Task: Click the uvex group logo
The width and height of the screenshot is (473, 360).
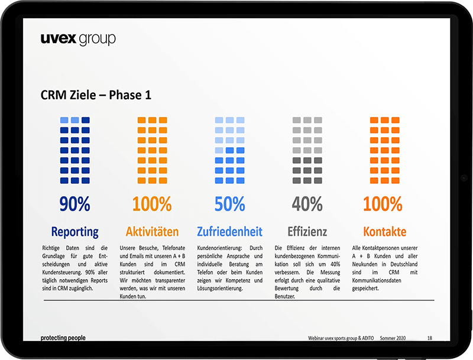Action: (78, 39)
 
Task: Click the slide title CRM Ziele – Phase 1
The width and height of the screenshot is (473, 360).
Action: (96, 95)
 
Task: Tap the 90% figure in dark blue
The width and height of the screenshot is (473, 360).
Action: (75, 204)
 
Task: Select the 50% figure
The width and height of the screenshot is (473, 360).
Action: (230, 204)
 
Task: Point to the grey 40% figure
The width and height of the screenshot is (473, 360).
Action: (307, 204)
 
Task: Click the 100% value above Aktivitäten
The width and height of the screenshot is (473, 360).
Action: (152, 204)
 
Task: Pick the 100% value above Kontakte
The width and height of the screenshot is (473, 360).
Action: (383, 204)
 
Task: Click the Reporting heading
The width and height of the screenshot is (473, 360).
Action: (75, 232)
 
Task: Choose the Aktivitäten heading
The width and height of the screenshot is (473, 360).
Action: (153, 232)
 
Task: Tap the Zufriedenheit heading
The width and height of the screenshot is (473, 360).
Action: (230, 232)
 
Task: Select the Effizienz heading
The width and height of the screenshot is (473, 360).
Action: (307, 232)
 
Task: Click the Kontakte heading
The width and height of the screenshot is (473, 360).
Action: (385, 232)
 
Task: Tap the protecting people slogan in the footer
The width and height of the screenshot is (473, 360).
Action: (63, 338)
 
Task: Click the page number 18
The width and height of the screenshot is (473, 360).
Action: (430, 338)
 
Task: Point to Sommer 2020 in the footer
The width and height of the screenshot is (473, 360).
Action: (393, 338)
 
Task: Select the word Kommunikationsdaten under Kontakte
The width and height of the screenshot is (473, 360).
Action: (377, 280)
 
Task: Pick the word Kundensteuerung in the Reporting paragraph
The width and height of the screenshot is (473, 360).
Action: (62, 273)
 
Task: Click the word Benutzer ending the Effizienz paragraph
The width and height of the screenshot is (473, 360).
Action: (285, 296)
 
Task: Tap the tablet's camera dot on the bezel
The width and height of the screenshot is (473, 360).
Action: (464, 178)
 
